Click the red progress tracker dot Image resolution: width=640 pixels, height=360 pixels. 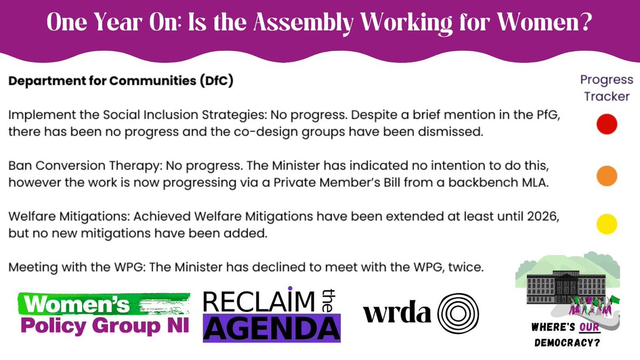[606, 124]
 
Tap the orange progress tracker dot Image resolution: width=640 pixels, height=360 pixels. [606, 176]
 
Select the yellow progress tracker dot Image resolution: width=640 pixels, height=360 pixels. [606, 223]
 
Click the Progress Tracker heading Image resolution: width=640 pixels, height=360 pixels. [606, 88]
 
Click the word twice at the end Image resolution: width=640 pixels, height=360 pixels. [469, 268]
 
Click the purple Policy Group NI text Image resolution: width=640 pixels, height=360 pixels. [104, 325]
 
